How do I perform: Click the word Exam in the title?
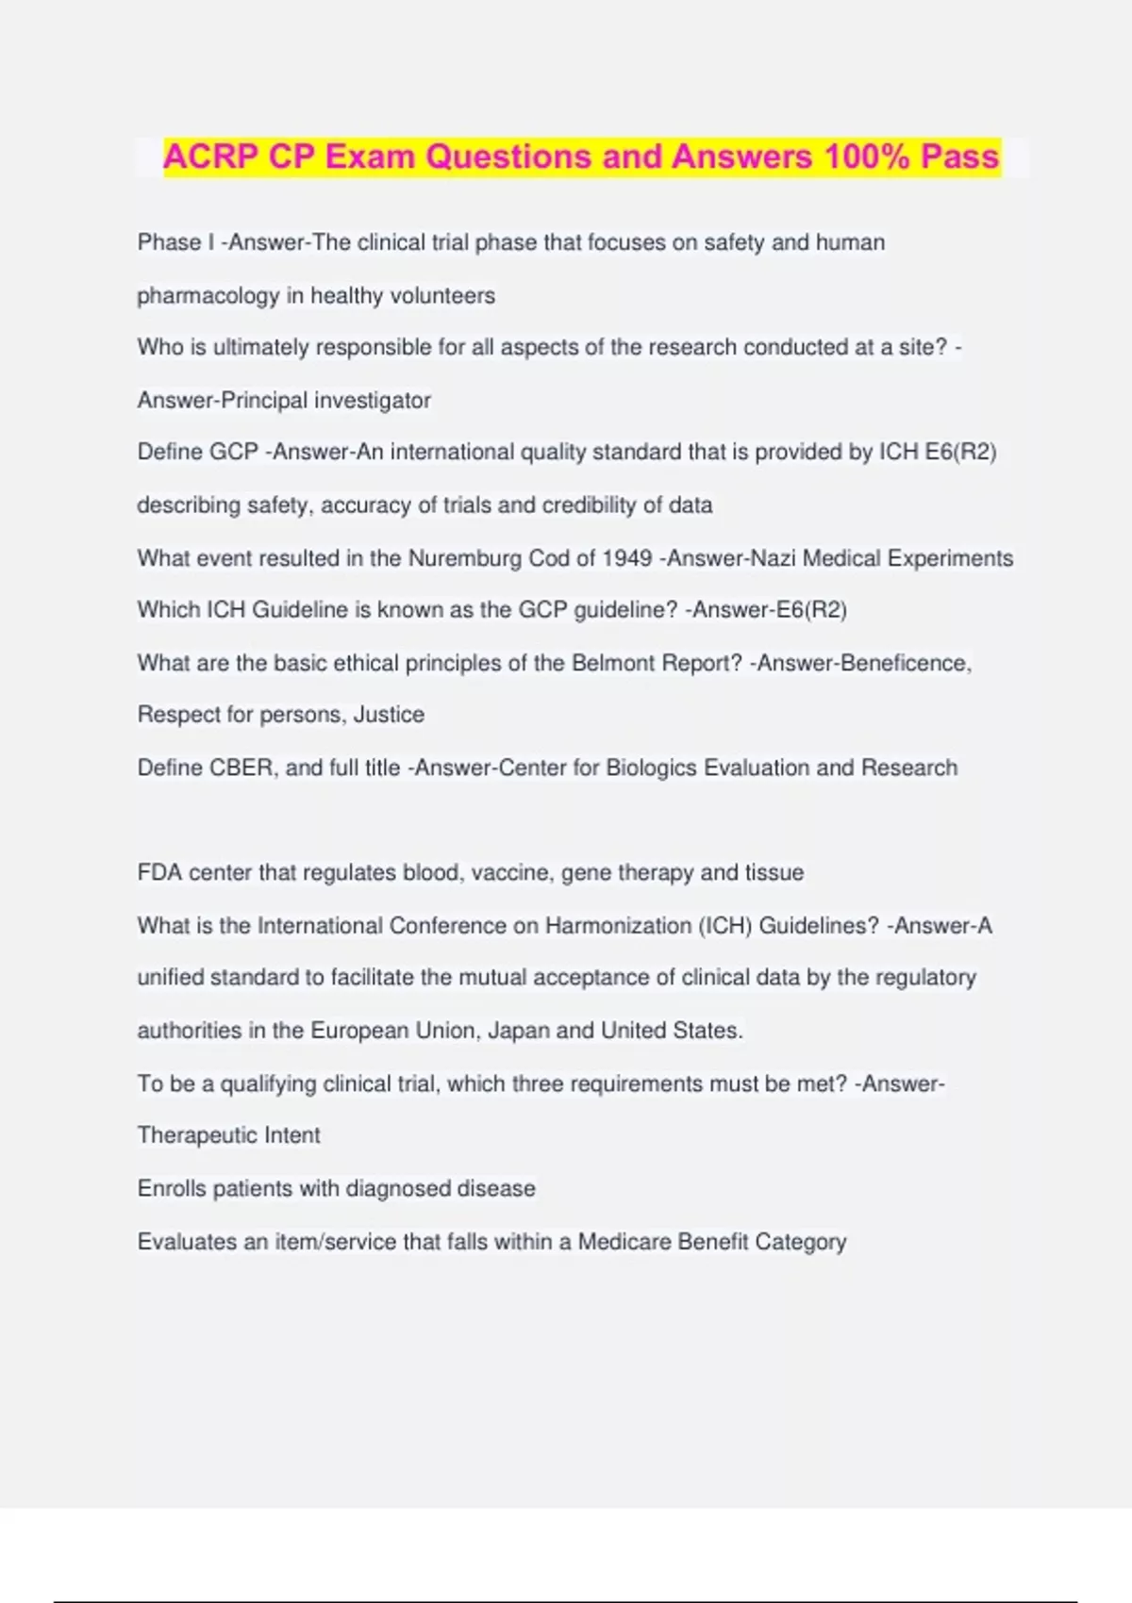click(x=370, y=157)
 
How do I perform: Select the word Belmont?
click(x=609, y=663)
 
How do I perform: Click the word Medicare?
click(x=624, y=1242)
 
